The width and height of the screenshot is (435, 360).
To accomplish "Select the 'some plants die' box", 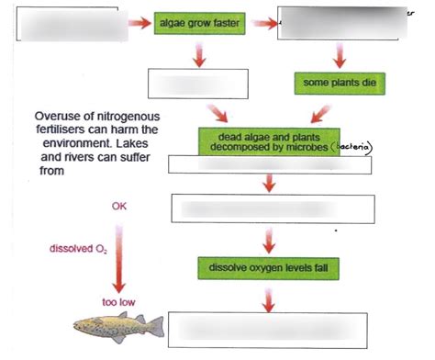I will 337,84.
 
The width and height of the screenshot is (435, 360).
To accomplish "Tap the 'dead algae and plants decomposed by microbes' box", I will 268,141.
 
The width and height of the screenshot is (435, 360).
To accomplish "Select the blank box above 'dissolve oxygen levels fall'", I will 267,209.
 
